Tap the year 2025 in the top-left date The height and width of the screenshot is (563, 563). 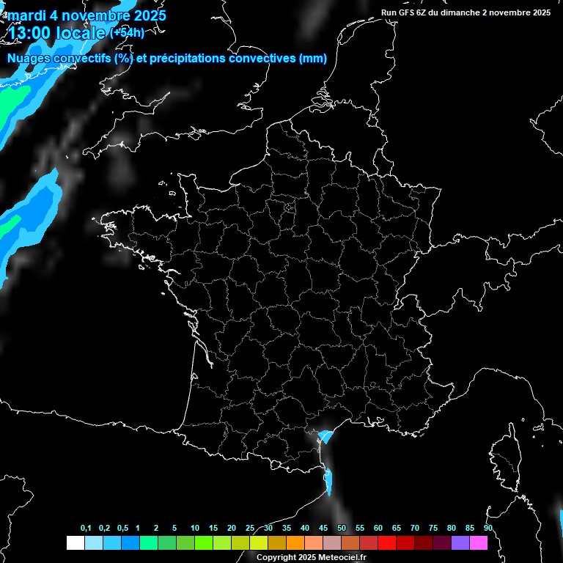point(145,15)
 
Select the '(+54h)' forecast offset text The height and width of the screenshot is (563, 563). point(127,32)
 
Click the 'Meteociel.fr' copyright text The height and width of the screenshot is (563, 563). point(340,557)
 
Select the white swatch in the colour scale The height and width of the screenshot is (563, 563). point(75,542)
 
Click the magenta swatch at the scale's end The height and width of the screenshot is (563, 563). point(479,542)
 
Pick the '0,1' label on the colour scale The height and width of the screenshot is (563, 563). point(86,529)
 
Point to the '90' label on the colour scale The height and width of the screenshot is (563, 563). point(487,529)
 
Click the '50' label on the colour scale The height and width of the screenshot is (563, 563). point(342,529)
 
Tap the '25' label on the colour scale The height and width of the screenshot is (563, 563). point(250,529)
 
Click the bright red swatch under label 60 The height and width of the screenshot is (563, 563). point(387,542)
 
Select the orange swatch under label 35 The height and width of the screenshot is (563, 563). point(295,542)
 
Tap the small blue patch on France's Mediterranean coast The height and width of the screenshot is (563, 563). point(325,438)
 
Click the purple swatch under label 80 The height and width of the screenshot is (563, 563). point(460,542)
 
